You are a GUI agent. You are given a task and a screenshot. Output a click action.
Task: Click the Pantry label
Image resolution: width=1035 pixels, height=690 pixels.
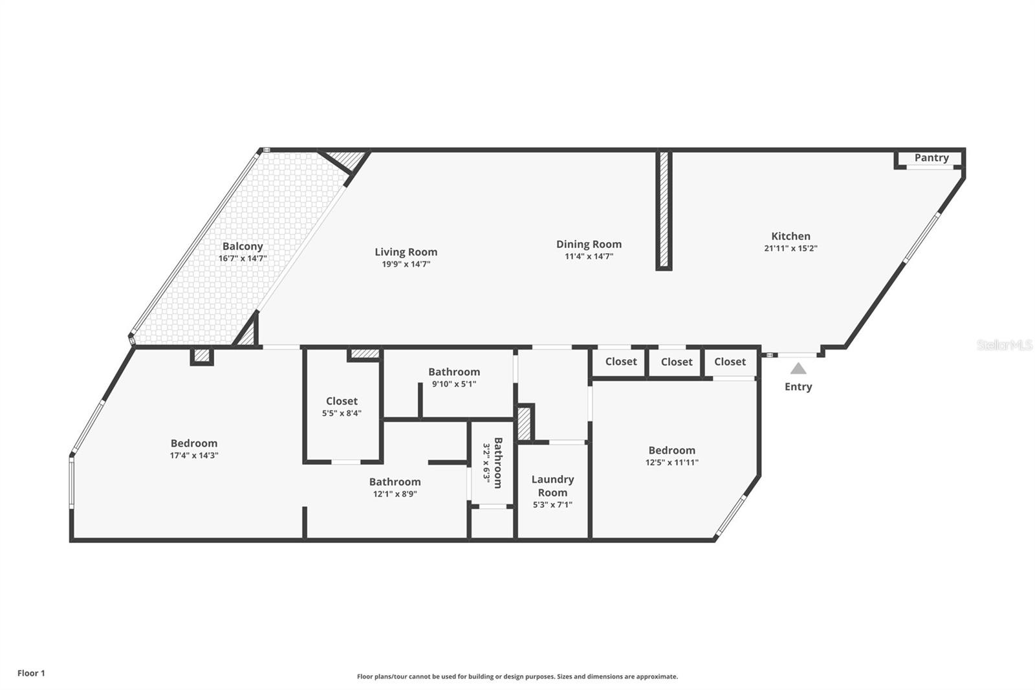931,157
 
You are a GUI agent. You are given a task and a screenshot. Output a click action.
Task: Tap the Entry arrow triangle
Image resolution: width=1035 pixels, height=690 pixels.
798,368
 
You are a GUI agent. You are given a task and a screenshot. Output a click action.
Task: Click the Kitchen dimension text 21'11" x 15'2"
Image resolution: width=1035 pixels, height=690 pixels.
790,248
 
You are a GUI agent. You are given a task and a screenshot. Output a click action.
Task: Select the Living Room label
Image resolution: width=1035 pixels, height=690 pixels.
406,252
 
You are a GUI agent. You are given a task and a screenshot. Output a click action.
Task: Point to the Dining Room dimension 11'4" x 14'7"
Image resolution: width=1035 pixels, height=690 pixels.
589,256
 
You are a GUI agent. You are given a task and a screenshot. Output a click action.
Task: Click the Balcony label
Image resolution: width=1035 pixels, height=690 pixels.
243,246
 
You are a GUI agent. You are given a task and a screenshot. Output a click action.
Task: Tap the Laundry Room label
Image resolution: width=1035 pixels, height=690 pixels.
552,485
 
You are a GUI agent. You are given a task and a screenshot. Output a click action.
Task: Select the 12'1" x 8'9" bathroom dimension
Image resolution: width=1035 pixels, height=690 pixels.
395,493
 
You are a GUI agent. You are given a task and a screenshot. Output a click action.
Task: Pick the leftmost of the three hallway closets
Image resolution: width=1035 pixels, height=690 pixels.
620,362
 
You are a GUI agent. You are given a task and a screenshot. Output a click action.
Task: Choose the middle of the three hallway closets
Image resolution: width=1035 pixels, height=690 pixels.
676,362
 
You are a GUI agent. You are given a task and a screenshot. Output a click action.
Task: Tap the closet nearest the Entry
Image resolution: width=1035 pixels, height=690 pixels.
730,362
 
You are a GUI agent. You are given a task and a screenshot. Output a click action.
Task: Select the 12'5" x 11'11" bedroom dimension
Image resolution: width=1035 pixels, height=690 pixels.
671,462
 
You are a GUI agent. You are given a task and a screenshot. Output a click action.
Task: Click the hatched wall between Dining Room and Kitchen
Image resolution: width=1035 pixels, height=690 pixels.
664,210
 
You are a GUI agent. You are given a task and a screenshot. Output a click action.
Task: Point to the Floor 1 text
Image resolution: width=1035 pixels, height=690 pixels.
31,673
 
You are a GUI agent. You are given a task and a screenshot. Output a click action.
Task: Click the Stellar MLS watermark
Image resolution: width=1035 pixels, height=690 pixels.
1004,345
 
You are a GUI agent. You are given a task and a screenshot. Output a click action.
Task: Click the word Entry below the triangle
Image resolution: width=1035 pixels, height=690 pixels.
798,386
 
